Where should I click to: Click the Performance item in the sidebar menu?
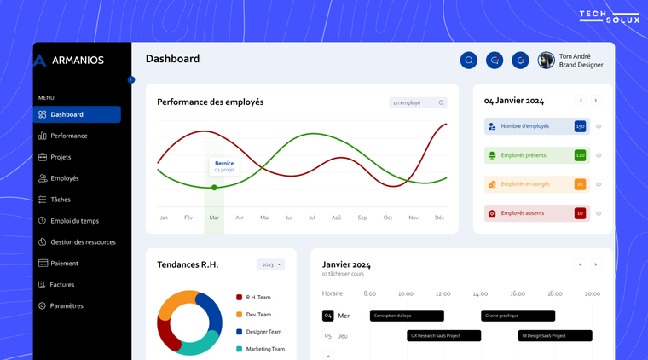[68, 136]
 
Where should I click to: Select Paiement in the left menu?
[64, 264]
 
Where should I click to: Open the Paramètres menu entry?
[67, 305]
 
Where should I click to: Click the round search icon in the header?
[468, 60]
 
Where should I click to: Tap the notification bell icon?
[520, 60]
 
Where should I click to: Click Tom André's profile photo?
[546, 60]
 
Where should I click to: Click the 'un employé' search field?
[418, 102]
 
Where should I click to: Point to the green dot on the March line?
[214, 187]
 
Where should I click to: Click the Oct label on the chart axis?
[387, 218]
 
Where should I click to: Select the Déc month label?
[439, 218]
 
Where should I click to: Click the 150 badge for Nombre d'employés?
[580, 126]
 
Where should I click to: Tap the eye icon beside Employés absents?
[599, 213]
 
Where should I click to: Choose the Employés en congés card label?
[524, 184]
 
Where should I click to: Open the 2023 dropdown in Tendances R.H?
[270, 264]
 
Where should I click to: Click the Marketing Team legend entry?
[265, 349]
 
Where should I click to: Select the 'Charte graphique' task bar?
[518, 316]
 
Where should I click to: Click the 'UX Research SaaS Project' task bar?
[443, 336]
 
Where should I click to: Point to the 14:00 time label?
[480, 293]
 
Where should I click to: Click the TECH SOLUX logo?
[609, 16]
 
